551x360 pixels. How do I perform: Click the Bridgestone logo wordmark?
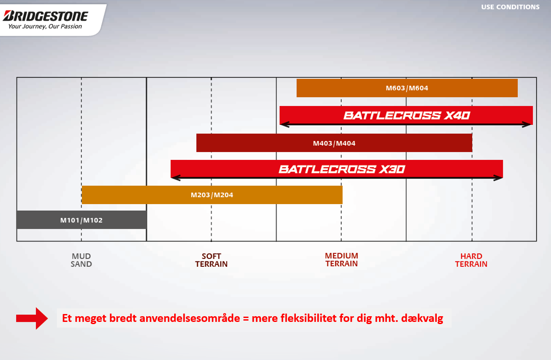click(x=46, y=16)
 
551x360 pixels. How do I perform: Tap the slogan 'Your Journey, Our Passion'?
click(x=45, y=27)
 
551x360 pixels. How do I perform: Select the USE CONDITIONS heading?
click(x=510, y=7)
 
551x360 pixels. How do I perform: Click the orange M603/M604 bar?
click(x=407, y=88)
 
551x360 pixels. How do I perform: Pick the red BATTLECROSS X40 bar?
click(x=406, y=115)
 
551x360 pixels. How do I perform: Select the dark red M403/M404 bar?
click(x=334, y=143)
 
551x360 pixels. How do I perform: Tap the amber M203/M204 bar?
click(x=212, y=195)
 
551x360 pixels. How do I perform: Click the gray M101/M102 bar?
click(x=81, y=220)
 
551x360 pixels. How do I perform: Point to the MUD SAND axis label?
click(x=81, y=260)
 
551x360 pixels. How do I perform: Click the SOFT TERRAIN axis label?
click(x=211, y=260)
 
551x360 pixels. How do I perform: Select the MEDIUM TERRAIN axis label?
click(x=341, y=259)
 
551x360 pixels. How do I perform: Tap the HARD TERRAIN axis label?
click(x=471, y=260)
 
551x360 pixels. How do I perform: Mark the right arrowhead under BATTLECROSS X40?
click(x=528, y=125)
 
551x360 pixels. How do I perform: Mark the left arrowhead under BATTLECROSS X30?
click(x=175, y=178)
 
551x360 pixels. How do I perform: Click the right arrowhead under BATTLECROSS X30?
click(x=498, y=178)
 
